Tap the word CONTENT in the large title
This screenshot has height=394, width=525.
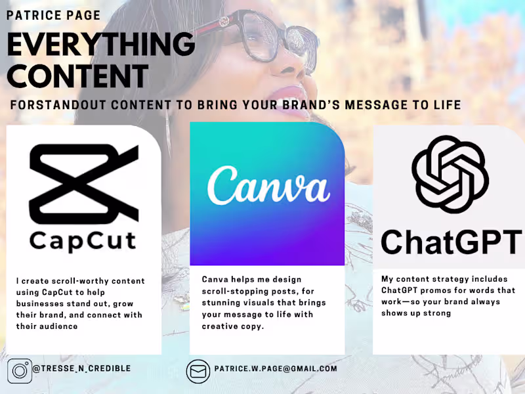[x=77, y=76]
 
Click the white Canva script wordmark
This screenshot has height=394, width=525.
[x=267, y=184]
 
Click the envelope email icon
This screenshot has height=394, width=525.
[x=198, y=371]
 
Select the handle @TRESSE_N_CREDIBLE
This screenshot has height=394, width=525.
[x=81, y=369]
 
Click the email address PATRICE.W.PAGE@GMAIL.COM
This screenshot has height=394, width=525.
[x=276, y=369]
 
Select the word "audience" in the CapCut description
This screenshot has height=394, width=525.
[x=60, y=326]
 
